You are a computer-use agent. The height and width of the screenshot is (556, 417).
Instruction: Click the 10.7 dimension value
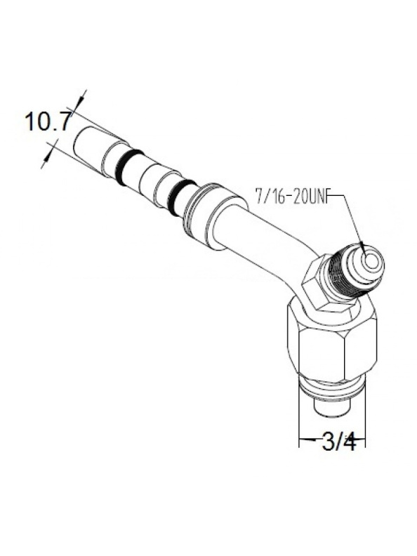coord(48,122)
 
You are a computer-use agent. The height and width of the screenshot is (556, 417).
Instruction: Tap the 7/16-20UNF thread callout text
coord(298,196)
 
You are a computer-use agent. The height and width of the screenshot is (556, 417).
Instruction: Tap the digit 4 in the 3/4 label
coord(349,442)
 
